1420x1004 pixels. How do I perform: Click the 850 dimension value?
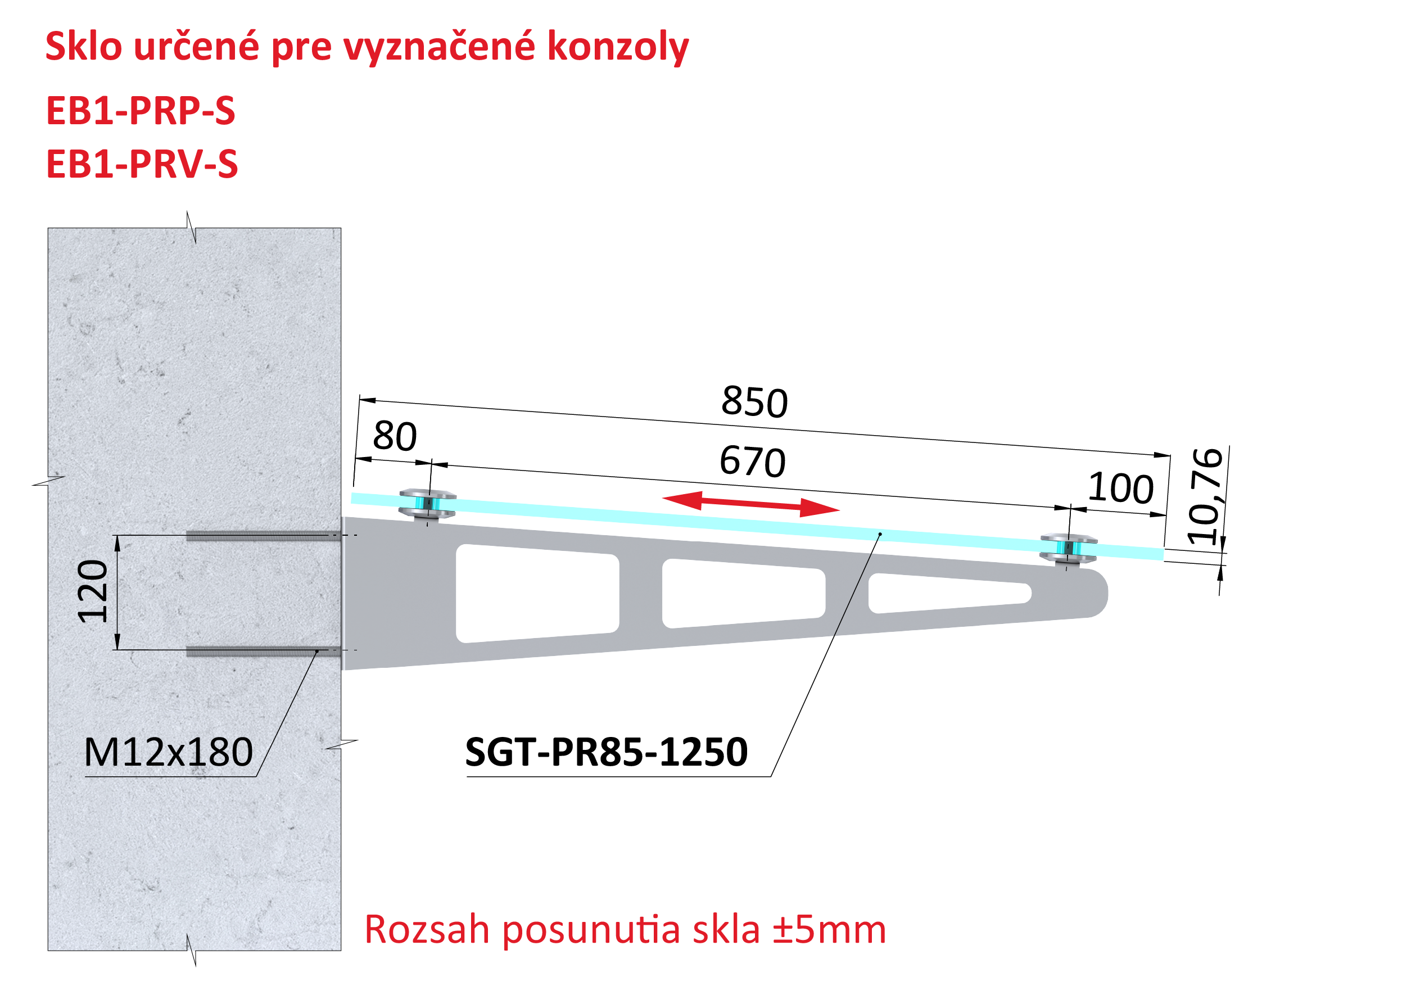(x=754, y=401)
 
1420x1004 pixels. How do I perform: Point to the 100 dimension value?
(x=1121, y=487)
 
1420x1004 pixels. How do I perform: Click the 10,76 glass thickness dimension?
(x=1205, y=496)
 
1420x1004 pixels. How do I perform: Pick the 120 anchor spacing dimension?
(x=92, y=591)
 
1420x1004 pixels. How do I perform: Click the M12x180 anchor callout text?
(x=168, y=752)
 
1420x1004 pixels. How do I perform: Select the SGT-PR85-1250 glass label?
(x=606, y=752)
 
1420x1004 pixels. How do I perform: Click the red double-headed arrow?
(x=750, y=504)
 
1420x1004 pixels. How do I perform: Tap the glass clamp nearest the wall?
(x=427, y=504)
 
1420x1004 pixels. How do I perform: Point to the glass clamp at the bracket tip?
(x=1068, y=549)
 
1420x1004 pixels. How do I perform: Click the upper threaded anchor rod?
(x=264, y=536)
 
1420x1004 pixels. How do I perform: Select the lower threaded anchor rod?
(x=264, y=651)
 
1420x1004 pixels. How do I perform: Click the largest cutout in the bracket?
(x=537, y=593)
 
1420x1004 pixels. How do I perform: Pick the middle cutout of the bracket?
(x=743, y=593)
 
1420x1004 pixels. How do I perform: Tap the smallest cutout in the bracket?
(x=949, y=593)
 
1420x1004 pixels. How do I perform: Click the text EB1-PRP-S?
(x=141, y=111)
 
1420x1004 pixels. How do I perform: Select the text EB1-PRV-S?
(x=142, y=164)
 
